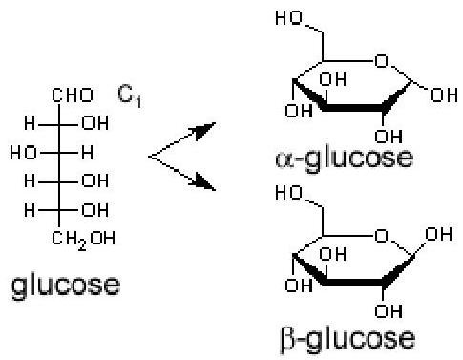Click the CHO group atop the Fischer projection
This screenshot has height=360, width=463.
[x=73, y=95]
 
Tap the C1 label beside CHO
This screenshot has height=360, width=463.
[x=129, y=95]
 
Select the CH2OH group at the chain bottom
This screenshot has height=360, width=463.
[x=83, y=240]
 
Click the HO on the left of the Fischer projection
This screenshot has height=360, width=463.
[x=23, y=153]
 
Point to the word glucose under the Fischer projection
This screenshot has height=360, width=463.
[x=66, y=286]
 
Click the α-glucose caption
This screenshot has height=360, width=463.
[x=344, y=159]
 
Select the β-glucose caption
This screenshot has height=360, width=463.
[x=347, y=339]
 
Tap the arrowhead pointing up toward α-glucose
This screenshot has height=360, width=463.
[x=205, y=130]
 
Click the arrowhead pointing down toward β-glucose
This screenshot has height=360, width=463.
[x=205, y=182]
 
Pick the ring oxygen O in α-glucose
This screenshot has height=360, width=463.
[x=382, y=61]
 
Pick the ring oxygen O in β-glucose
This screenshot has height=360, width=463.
[x=382, y=237]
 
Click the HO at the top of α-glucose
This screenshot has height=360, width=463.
[x=288, y=17]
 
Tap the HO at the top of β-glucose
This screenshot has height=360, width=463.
[x=288, y=193]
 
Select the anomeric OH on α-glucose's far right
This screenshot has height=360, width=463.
[x=444, y=95]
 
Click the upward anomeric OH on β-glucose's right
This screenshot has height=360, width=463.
[x=438, y=234]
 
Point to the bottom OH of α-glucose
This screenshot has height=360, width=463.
[x=389, y=137]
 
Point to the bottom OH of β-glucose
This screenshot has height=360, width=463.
[x=389, y=310]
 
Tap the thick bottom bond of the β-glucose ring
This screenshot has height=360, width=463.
[x=354, y=283]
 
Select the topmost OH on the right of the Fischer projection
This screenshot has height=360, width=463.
[x=95, y=123]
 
